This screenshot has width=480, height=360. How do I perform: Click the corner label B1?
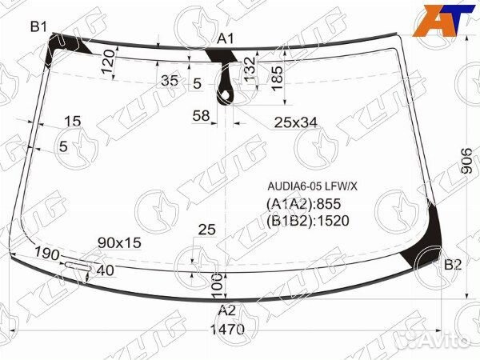click(38, 27)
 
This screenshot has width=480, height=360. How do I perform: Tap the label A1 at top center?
click(226, 39)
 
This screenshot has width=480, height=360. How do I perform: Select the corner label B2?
click(453, 265)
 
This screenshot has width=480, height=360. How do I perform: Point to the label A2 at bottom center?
click(227, 310)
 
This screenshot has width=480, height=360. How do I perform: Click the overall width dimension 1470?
click(227, 330)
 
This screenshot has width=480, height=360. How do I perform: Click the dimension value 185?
click(278, 78)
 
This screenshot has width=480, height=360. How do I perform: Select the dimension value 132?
click(250, 70)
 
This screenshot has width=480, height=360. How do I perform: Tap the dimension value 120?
click(108, 62)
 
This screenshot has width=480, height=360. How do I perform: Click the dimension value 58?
click(201, 116)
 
